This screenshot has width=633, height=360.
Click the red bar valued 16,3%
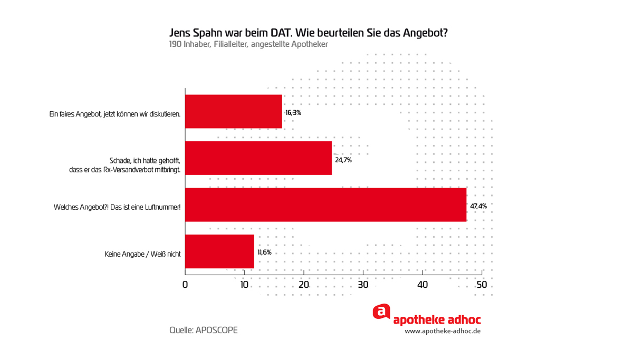click(234, 112)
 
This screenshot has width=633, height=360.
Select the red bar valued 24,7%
click(258, 158)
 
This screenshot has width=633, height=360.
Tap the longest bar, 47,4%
click(325, 205)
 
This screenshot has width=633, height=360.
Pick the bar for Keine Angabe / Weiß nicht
click(219, 251)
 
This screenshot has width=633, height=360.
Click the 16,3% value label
click(293, 113)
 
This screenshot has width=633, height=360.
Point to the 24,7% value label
click(343, 160)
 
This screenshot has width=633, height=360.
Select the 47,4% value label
click(478, 206)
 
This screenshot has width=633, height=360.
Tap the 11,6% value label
click(264, 252)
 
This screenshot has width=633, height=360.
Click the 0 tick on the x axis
click(185, 285)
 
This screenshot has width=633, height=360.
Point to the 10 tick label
click(244, 285)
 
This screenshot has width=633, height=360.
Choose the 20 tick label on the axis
click(304, 285)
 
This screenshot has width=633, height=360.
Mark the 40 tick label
click(423, 285)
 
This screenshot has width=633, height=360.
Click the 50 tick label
click(482, 285)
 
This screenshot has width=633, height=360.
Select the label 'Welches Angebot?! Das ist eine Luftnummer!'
click(117, 207)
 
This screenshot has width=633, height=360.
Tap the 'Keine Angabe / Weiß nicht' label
click(143, 254)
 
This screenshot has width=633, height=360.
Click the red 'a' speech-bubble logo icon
click(381, 312)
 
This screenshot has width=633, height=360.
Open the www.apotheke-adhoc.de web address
click(443, 331)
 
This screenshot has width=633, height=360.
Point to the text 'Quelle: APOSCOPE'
click(204, 330)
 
